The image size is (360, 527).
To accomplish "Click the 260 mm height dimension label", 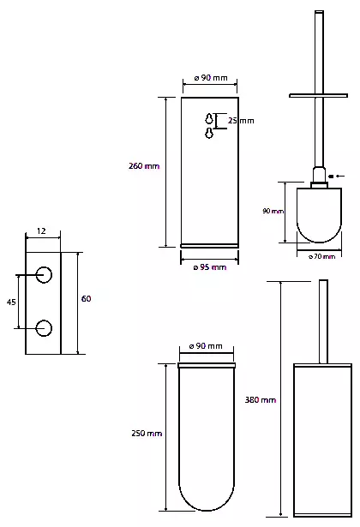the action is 144,165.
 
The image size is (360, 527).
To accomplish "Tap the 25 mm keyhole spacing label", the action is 241,121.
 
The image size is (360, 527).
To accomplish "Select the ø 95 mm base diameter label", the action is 210,267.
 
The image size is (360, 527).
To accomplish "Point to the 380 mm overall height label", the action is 261,399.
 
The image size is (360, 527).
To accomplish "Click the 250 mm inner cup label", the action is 147,434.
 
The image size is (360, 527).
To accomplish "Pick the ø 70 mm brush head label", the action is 322,256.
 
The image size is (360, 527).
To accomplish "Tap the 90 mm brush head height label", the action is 273,211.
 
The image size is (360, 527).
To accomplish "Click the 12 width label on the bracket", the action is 41,231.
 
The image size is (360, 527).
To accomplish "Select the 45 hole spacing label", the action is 11,302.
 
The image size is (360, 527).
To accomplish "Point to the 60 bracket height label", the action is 86,298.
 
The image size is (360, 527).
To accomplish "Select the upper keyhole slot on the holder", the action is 209,118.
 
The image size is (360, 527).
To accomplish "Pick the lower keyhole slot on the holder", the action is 209,133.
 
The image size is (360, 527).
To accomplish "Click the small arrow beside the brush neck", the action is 337,176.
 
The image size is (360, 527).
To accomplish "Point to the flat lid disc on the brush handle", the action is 318,96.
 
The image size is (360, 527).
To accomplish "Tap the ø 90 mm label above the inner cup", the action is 206,346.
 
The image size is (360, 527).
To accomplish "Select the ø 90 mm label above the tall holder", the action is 211,78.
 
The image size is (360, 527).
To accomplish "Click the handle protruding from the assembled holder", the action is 323,321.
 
